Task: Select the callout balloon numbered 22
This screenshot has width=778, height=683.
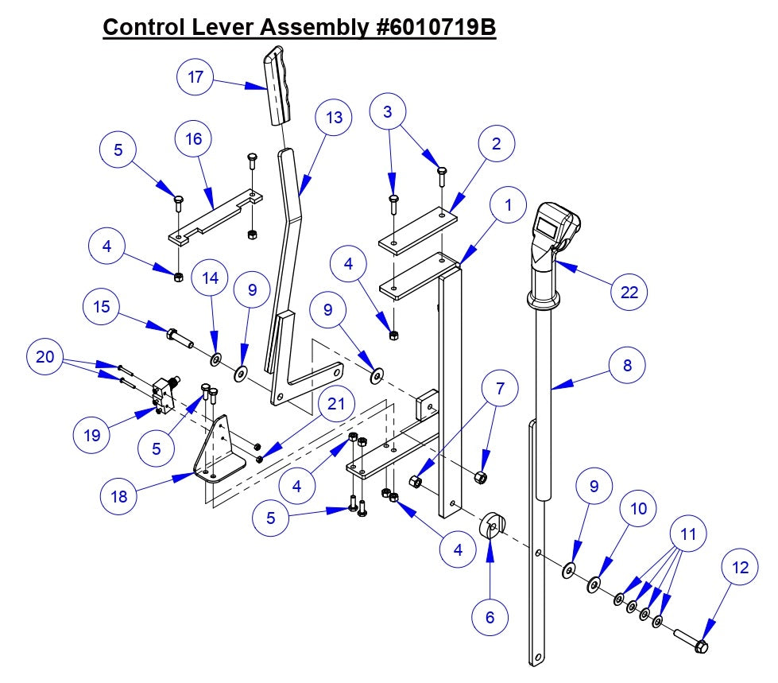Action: click(629, 292)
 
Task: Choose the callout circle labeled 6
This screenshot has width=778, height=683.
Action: click(489, 616)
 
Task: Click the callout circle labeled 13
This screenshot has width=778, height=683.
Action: click(335, 118)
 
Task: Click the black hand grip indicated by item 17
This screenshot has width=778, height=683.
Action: click(278, 86)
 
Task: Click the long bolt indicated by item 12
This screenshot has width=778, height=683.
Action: click(690, 639)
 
